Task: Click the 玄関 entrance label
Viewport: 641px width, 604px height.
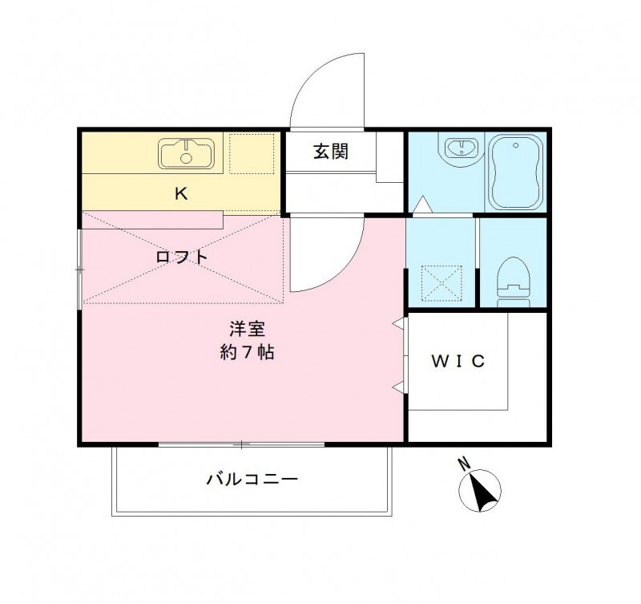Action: (330, 152)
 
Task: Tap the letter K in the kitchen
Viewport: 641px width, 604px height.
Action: (181, 193)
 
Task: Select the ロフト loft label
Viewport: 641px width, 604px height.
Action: (182, 257)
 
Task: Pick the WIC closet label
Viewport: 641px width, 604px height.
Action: (458, 361)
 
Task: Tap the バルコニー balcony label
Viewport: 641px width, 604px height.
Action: (252, 480)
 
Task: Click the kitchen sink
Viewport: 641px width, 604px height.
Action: (187, 153)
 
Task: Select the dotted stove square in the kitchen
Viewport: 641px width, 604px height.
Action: (252, 152)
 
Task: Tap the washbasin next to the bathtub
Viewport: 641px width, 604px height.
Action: (460, 149)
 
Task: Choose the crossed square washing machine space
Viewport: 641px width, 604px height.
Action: (444, 282)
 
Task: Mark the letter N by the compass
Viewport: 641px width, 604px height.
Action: (463, 463)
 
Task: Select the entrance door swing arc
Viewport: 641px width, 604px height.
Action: (327, 92)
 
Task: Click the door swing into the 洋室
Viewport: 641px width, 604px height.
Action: (327, 257)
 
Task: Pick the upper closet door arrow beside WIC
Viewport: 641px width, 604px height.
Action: (398, 323)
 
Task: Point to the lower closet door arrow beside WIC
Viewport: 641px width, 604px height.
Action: (398, 388)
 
